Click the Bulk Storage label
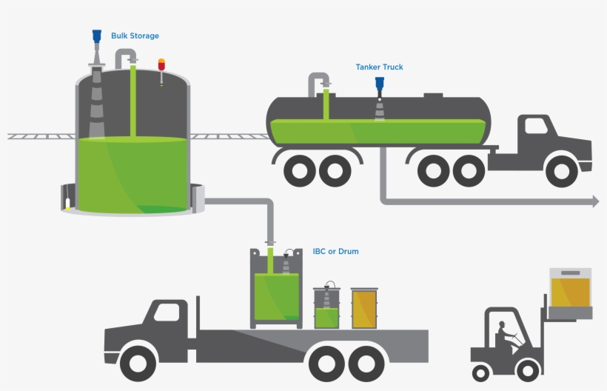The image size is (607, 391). [x=135, y=36]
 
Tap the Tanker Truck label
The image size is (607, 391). [x=379, y=67]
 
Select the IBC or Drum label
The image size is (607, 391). [x=335, y=252]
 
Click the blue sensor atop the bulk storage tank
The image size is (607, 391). [x=96, y=36]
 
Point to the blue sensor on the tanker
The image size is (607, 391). [x=380, y=84]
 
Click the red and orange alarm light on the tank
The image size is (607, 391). [x=161, y=64]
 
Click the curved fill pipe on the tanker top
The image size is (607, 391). [x=319, y=81]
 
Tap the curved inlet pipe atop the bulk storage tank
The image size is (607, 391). [x=126, y=57]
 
